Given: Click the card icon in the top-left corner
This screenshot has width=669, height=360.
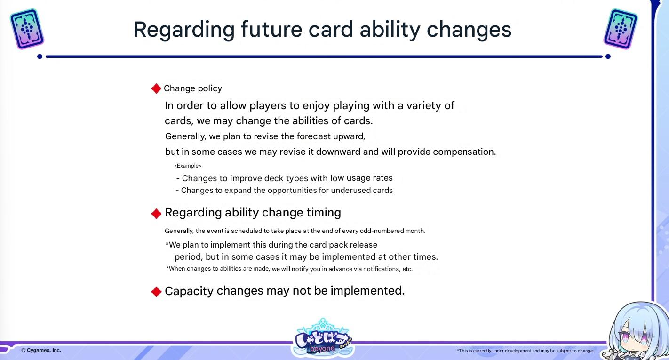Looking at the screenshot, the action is pyautogui.click(x=27, y=29).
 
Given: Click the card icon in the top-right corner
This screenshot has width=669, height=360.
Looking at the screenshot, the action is pyautogui.click(x=621, y=29).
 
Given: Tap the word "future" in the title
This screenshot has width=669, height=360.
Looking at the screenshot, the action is pyautogui.click(x=271, y=30).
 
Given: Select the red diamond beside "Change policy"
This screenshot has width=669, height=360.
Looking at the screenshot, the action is pyautogui.click(x=156, y=88).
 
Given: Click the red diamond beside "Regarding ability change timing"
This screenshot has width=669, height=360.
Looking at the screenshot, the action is pyautogui.click(x=156, y=213).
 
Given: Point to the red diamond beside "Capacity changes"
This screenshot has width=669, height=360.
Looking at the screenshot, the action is pyautogui.click(x=156, y=292).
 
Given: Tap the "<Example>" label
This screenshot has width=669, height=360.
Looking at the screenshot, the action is pyautogui.click(x=188, y=166).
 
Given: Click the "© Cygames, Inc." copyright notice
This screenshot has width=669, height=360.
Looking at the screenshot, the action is pyautogui.click(x=41, y=350).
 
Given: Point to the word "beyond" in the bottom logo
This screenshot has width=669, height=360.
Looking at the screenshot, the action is pyautogui.click(x=322, y=348).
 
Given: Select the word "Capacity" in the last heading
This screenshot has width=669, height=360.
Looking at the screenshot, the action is pyautogui.click(x=189, y=291).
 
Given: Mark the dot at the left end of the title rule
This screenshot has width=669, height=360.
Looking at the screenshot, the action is pyautogui.click(x=40, y=56).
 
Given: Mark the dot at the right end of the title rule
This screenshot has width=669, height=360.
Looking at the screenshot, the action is pyautogui.click(x=608, y=56).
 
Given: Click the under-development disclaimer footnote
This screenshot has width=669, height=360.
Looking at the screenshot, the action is pyautogui.click(x=526, y=351).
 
